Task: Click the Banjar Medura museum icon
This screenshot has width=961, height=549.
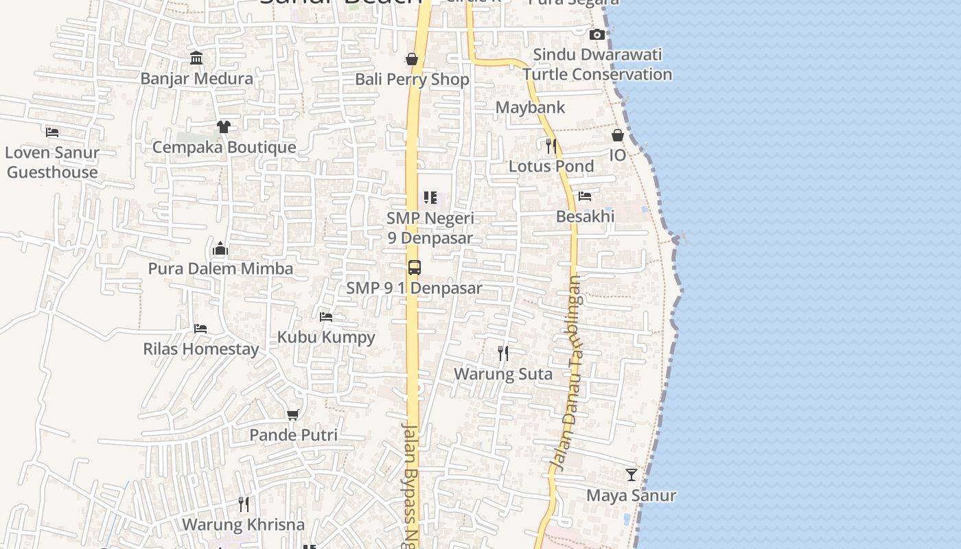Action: pyautogui.click(x=196, y=58)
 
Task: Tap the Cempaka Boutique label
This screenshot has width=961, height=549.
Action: pyautogui.click(x=224, y=147)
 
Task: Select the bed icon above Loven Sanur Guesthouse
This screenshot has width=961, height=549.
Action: pyautogui.click(x=52, y=132)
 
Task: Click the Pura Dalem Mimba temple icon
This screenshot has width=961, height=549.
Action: pyautogui.click(x=220, y=248)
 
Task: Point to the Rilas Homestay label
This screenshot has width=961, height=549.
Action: pyautogui.click(x=201, y=349)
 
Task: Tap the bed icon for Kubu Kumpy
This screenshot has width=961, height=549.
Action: pyautogui.click(x=326, y=316)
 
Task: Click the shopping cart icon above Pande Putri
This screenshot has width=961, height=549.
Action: pyautogui.click(x=293, y=414)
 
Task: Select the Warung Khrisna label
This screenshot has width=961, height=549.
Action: pyautogui.click(x=243, y=524)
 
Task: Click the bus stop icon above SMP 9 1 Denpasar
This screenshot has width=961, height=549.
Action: pyautogui.click(x=414, y=268)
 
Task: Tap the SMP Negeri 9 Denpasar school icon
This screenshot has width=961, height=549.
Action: pyautogui.click(x=430, y=198)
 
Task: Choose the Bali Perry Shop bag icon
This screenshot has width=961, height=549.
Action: pyautogui.click(x=412, y=59)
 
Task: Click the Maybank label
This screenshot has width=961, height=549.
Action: pyautogui.click(x=530, y=107)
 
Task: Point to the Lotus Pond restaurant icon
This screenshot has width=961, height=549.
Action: pyautogui.click(x=551, y=145)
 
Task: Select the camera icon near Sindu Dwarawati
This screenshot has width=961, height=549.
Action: pyautogui.click(x=597, y=34)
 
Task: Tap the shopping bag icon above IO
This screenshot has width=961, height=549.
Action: pyautogui.click(x=618, y=135)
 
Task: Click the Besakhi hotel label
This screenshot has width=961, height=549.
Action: pyautogui.click(x=585, y=216)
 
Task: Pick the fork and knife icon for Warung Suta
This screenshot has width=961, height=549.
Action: pyautogui.click(x=503, y=353)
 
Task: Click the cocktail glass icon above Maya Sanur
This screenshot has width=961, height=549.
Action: pyautogui.click(x=632, y=475)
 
